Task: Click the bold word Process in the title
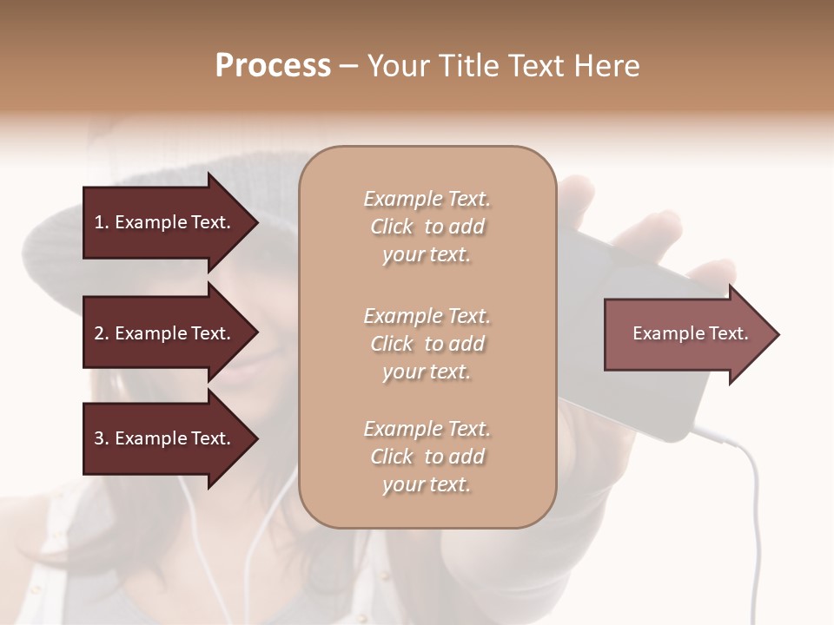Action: coord(273,66)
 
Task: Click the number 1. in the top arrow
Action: coord(102,222)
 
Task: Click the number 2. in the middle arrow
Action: coord(102,333)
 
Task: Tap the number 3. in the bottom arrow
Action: coord(102,438)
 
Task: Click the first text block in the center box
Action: coord(427,227)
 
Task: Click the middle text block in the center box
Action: coord(427,344)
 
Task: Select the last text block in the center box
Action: coord(427,457)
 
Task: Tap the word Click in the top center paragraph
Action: coord(392,227)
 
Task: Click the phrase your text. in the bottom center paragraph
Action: coord(427,484)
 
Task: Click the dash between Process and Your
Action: coord(349,67)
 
